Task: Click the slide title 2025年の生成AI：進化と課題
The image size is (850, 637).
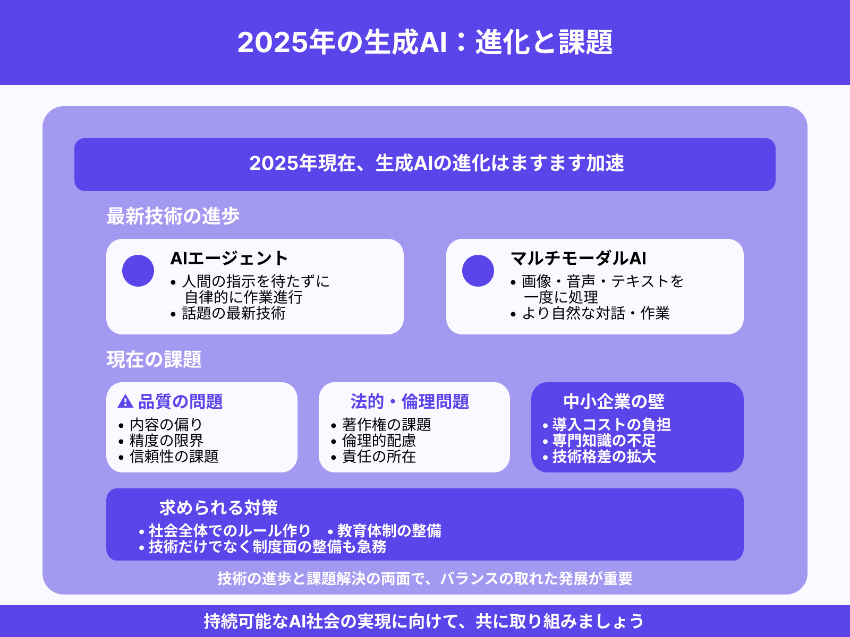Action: (x=425, y=42)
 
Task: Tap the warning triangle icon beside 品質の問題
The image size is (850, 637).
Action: (x=125, y=401)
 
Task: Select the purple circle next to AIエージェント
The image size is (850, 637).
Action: (x=138, y=271)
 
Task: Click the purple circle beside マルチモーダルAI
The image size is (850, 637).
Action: (x=478, y=271)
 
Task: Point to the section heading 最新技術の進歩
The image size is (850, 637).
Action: (x=173, y=216)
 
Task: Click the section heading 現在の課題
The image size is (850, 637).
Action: (x=154, y=359)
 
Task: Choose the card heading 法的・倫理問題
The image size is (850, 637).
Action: (x=410, y=401)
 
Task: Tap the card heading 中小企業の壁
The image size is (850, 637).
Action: (x=614, y=401)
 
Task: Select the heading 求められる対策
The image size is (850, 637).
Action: (x=218, y=507)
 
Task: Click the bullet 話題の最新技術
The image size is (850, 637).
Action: (x=233, y=313)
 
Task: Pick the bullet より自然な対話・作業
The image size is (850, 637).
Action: (x=595, y=313)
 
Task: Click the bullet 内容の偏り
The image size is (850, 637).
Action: (x=166, y=425)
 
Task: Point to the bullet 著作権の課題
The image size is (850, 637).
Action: (x=386, y=425)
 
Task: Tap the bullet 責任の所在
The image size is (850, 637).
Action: (x=379, y=457)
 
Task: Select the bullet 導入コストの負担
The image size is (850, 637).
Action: (x=611, y=425)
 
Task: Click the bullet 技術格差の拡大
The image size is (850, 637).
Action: (x=604, y=457)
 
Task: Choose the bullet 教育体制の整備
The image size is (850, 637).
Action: (x=389, y=531)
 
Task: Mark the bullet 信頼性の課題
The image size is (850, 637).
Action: (x=174, y=457)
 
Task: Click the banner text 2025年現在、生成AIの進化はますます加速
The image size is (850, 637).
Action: (x=436, y=163)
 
